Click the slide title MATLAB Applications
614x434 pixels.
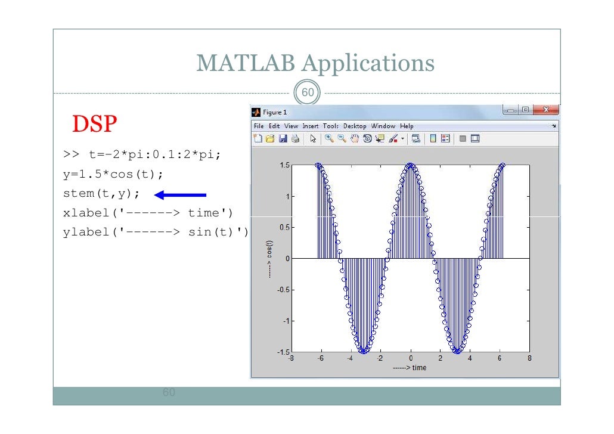point(315,63)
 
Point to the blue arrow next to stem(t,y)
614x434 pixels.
point(180,194)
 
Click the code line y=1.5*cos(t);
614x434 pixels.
point(113,175)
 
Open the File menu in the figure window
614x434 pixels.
point(258,126)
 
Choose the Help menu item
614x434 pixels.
point(407,126)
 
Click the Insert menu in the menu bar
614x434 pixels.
point(310,126)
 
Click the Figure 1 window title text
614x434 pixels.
point(275,112)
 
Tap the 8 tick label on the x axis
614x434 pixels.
point(529,359)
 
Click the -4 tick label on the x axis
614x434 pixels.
point(351,359)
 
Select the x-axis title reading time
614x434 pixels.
point(410,368)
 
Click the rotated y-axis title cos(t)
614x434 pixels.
point(270,259)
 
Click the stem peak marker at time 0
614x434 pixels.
point(410,165)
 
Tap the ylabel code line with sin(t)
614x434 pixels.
point(155,232)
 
